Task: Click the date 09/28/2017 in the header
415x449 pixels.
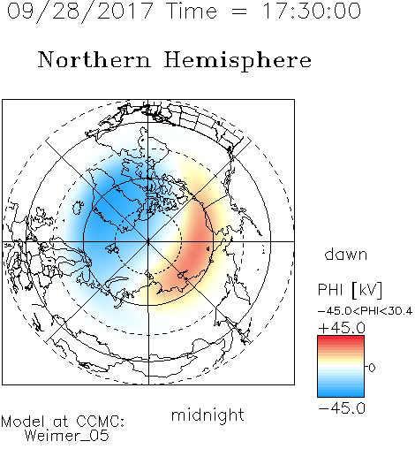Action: (79, 11)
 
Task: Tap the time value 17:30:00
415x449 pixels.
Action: (312, 11)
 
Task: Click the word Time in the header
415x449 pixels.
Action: (192, 11)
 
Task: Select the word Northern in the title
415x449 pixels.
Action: (94, 59)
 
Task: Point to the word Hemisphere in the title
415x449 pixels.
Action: (238, 61)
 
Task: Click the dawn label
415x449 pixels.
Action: (346, 254)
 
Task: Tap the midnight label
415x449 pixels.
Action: (207, 415)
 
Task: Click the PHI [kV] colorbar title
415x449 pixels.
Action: (350, 290)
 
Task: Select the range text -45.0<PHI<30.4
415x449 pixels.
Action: (365, 311)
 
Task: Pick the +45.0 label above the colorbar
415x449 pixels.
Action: (342, 328)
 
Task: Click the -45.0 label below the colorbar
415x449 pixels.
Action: (342, 408)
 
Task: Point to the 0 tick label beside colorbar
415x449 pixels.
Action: (372, 368)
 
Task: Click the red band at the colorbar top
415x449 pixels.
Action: (341, 339)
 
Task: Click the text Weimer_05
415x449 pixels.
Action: (67, 436)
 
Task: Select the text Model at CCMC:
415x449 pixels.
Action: (63, 422)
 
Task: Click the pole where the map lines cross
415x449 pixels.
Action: (148, 242)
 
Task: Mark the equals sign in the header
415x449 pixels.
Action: (239, 11)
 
